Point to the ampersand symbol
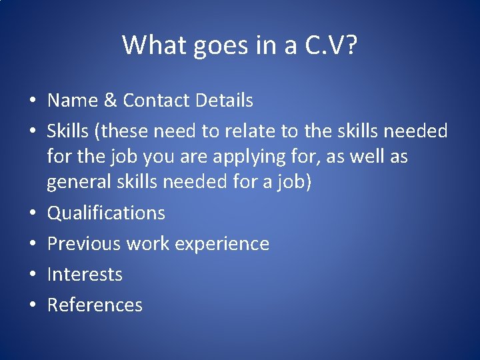click(x=110, y=101)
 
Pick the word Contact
click(x=157, y=101)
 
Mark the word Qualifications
click(x=106, y=213)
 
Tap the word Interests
click(x=85, y=274)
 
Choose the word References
click(x=95, y=305)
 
